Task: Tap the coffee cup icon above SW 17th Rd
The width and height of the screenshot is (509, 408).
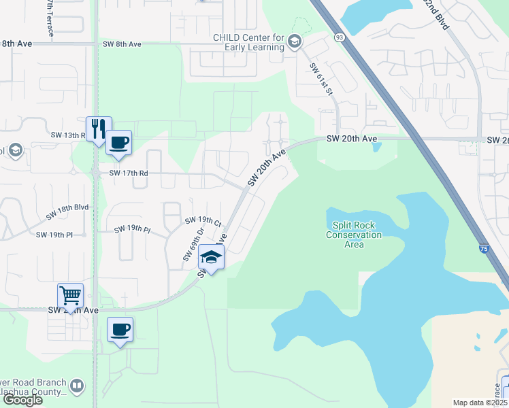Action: (118, 142)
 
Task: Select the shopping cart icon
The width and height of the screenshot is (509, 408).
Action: (70, 295)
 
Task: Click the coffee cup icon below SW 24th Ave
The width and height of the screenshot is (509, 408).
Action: (120, 330)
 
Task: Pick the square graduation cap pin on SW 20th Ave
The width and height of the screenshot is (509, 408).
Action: (212, 258)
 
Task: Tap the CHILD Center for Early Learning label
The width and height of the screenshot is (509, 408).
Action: (249, 43)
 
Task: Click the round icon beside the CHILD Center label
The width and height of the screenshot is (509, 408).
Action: (294, 42)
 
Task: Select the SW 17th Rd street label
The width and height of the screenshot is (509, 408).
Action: (123, 173)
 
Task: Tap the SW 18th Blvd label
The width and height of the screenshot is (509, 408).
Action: (67, 211)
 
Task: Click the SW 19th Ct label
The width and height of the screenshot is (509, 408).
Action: (203, 222)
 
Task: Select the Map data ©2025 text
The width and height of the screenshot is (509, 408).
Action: (480, 403)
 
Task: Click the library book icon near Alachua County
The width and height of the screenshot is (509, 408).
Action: (77, 387)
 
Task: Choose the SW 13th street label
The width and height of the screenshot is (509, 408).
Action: (67, 135)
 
